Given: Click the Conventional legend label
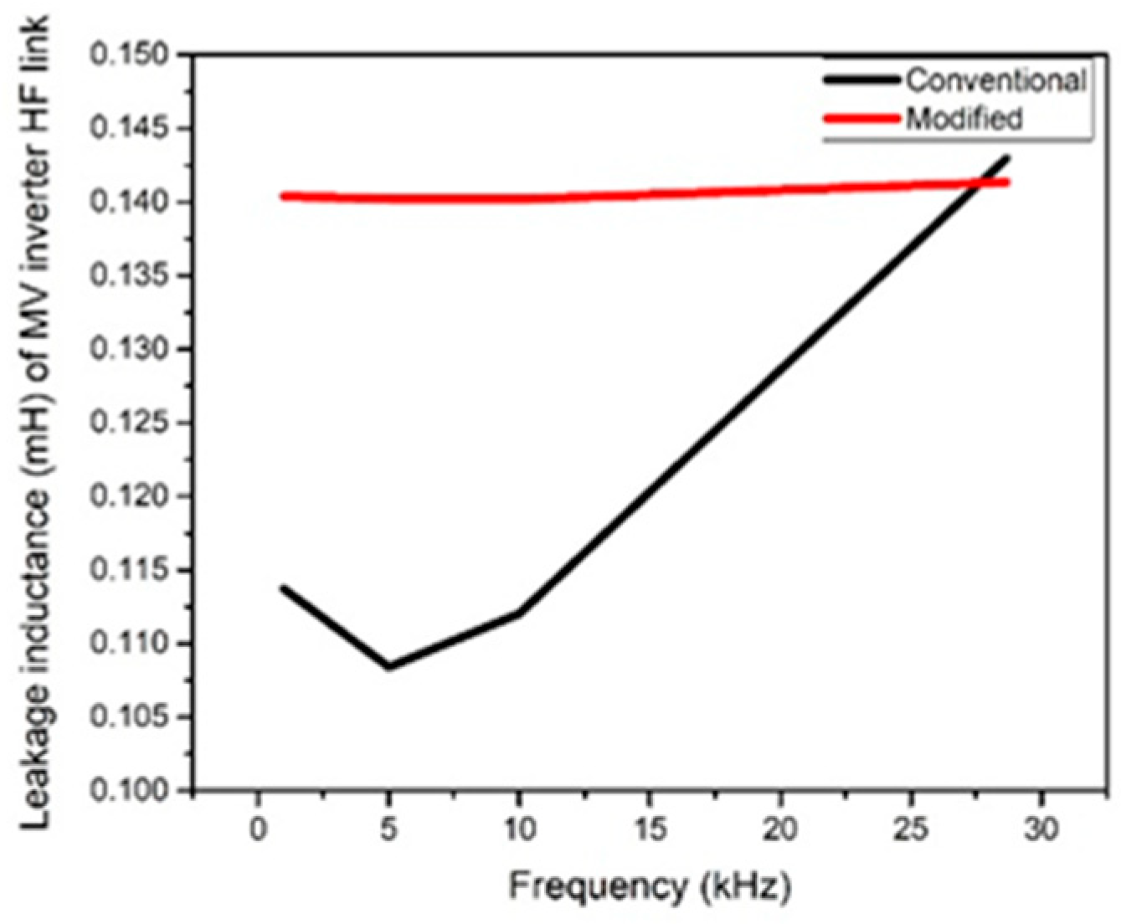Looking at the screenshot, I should [995, 80].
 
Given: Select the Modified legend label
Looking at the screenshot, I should [964, 118].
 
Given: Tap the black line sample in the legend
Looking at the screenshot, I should [862, 80].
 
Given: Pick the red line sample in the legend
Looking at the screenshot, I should [862, 118].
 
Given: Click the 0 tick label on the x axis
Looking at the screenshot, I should [258, 829].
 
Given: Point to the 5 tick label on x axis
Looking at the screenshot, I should [388, 829].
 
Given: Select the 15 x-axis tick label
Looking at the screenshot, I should [650, 829].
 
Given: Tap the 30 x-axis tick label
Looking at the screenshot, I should [1042, 829].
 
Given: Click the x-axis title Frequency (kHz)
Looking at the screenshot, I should [650, 885].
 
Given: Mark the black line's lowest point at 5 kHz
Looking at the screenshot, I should [388, 667].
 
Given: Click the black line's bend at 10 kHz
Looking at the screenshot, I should [520, 613].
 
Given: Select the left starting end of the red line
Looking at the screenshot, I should [284, 197].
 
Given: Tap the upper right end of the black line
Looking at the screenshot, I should [1007, 157].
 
